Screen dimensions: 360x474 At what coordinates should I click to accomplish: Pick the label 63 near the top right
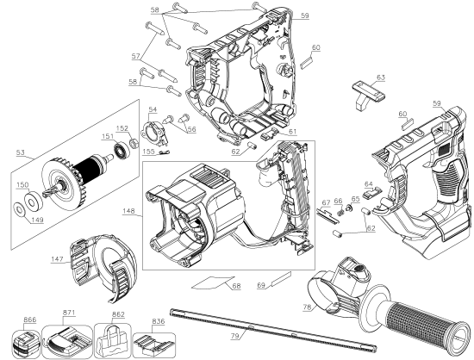[380, 78]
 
